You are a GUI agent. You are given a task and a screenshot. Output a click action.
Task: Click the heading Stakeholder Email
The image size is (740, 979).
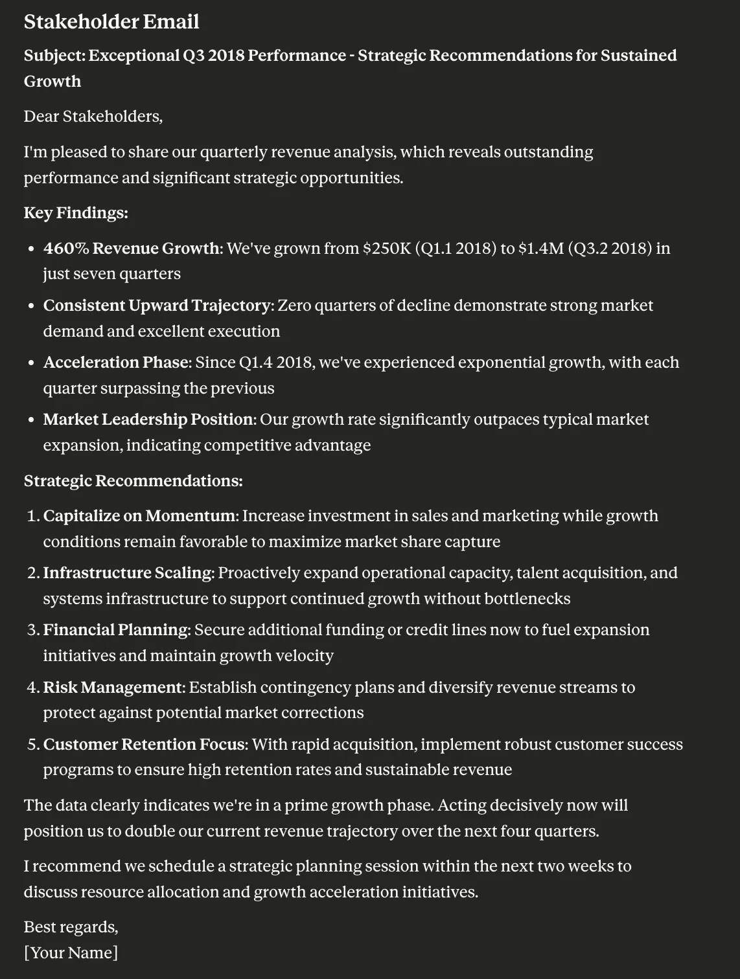click(111, 21)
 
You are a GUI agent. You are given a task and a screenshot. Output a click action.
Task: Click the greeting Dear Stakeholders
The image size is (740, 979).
click(93, 117)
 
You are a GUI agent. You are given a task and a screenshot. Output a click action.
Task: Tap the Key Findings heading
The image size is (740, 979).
click(76, 213)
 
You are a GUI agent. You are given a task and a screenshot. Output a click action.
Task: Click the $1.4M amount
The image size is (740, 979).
click(540, 249)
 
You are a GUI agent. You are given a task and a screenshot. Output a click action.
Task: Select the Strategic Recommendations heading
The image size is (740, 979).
click(133, 481)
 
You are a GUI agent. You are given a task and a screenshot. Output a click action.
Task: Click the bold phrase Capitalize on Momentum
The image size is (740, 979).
click(141, 516)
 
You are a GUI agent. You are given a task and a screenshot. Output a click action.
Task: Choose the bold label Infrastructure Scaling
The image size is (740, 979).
click(128, 573)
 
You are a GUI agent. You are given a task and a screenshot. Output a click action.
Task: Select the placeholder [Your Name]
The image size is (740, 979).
click(71, 953)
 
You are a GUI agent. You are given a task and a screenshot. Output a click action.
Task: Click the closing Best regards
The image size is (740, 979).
click(71, 927)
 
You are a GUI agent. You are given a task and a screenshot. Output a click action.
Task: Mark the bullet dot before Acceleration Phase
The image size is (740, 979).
click(31, 363)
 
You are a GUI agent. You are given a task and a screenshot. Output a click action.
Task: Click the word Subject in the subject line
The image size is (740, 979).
click(54, 56)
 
